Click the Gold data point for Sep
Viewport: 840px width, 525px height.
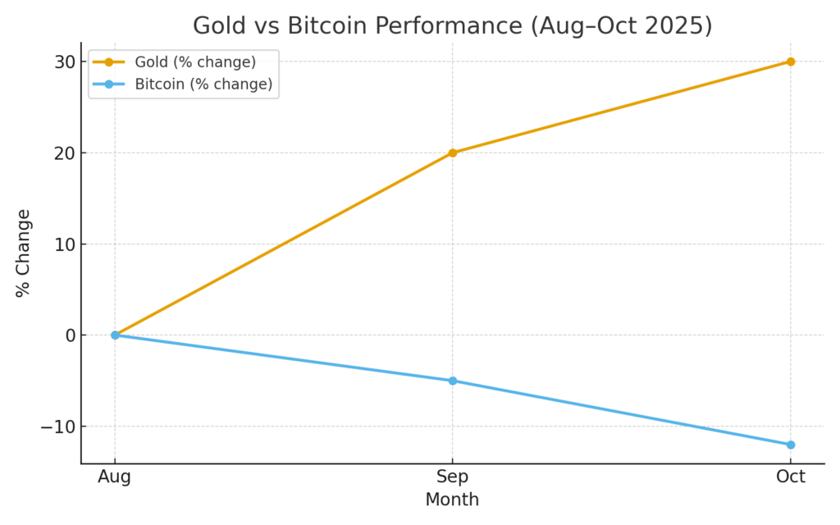click(x=452, y=153)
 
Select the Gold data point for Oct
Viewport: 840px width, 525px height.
click(x=790, y=62)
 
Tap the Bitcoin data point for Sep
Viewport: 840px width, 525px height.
click(x=452, y=381)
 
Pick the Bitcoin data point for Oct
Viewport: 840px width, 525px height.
click(x=790, y=445)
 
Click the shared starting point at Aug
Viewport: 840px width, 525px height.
click(x=115, y=335)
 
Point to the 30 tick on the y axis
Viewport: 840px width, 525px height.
click(x=66, y=62)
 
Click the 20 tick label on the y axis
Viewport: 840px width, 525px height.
click(x=66, y=153)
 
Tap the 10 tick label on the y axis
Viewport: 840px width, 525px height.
click(x=66, y=244)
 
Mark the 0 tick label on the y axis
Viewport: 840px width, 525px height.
click(x=71, y=335)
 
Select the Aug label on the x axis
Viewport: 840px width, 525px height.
click(x=115, y=477)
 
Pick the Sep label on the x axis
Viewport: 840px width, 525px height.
click(x=452, y=477)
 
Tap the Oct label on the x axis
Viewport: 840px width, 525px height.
click(x=790, y=477)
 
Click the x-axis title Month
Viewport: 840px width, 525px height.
click(x=452, y=499)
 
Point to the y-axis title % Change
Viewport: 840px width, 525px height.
click(x=24, y=253)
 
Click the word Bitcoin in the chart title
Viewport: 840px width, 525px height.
click(x=325, y=25)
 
